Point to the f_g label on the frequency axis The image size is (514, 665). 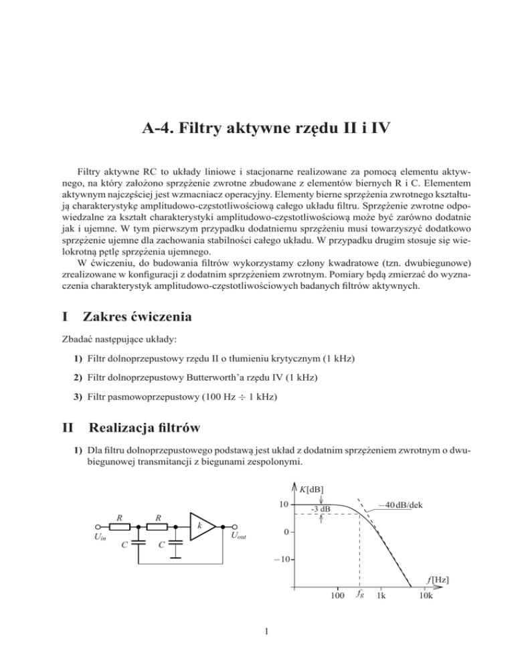click(359, 594)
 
